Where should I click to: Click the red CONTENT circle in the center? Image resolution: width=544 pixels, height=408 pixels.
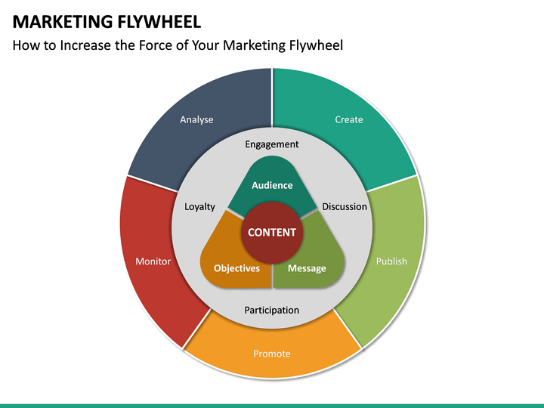tap(272, 232)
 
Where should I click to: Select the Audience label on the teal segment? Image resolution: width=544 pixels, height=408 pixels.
tap(272, 185)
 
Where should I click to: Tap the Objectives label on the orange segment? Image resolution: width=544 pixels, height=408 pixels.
tap(236, 268)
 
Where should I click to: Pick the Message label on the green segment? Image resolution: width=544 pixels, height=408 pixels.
tap(307, 268)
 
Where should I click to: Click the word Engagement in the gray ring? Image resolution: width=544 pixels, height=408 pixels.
tap(272, 144)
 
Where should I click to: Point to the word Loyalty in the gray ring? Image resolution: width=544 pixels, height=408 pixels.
tap(200, 206)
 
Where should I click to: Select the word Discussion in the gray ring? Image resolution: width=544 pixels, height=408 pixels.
tap(345, 206)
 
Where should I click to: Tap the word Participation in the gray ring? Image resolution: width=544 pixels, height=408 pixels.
tap(272, 310)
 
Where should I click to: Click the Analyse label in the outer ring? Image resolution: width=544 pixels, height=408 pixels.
tap(196, 119)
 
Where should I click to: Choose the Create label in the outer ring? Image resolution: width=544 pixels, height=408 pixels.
tap(349, 119)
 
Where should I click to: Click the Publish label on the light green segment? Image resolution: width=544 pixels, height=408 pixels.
tap(391, 261)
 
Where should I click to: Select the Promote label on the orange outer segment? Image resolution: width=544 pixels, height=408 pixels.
tap(272, 354)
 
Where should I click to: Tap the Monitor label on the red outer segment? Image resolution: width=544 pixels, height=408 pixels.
tap(153, 261)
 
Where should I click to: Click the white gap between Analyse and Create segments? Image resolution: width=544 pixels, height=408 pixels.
tap(272, 98)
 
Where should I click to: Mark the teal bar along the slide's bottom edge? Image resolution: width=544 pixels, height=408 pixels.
tap(272, 405)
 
